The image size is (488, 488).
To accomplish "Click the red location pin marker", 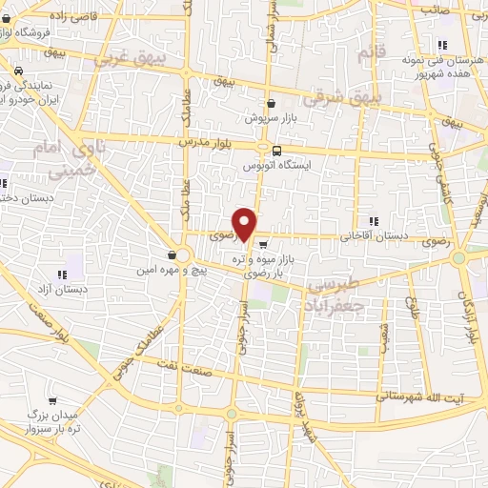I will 245,224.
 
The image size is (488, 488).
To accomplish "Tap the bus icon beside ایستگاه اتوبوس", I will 276,150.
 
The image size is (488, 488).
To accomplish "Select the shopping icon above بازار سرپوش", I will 272,104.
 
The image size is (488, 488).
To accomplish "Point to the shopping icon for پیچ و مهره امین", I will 171,254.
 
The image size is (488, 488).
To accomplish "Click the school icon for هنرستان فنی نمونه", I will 440,45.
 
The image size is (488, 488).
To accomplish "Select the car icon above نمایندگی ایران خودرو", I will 18,71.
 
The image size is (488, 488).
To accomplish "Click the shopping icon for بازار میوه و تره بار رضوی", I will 262,242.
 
